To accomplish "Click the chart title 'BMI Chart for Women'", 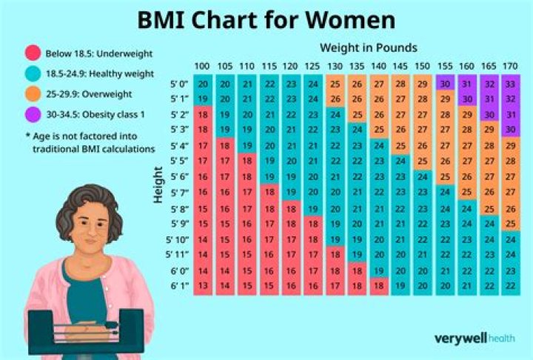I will point(266,19).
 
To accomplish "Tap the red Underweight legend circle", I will point(33,53).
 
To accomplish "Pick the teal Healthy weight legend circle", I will point(33,74).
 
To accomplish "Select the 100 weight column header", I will point(203,67).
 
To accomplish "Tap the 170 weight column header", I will point(509,67).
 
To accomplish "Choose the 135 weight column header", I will point(356,67).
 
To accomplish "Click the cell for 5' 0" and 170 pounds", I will point(509,84).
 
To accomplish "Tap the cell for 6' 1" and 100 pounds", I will point(203,285).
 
